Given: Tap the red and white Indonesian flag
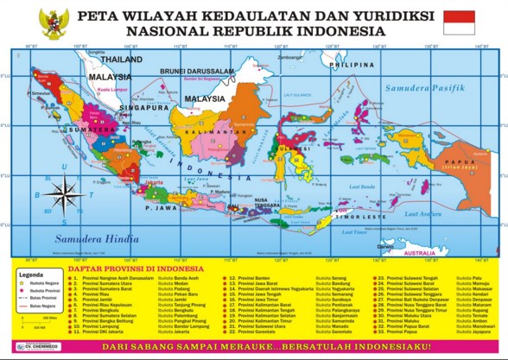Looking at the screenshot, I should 459,22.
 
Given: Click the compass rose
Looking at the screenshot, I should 62,193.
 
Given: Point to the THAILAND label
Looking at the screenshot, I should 120,60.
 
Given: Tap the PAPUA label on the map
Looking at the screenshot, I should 454,161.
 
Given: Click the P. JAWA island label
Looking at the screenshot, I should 161,207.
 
